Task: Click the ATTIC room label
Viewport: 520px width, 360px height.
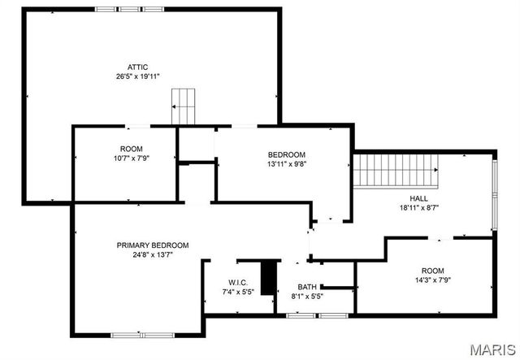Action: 137,67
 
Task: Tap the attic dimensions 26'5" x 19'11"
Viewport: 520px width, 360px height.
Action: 137,76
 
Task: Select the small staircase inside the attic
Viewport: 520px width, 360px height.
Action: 184,106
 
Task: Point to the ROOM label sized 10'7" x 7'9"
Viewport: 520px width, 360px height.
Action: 131,149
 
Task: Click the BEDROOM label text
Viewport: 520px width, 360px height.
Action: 287,154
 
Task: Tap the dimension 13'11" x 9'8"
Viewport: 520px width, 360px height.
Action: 287,163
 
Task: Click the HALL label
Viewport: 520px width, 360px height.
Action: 418,198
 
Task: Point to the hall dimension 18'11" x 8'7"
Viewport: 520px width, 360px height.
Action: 418,207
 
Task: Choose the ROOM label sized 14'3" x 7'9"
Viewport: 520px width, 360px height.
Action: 432,271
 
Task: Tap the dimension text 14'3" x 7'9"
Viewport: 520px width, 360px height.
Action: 432,280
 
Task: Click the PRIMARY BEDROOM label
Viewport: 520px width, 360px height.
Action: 153,245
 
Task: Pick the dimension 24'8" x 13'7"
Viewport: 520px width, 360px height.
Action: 153,254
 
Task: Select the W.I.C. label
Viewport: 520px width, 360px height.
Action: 237,282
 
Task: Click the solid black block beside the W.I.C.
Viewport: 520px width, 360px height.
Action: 268,277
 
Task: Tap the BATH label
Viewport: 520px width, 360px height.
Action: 307,287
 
